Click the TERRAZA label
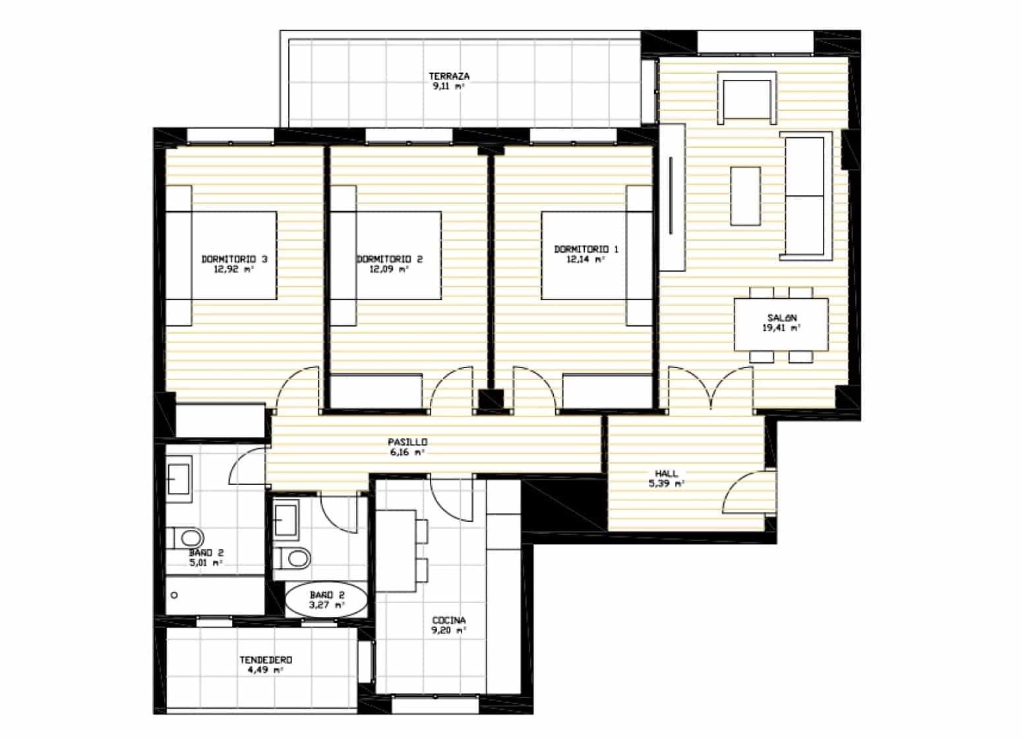click(449, 77)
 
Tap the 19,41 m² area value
click(781, 328)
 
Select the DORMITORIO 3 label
click(235, 259)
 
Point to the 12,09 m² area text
click(389, 269)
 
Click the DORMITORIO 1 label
click(586, 249)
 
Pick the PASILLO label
click(407, 442)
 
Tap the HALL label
click(666, 474)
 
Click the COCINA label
click(449, 620)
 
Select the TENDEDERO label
click(266, 660)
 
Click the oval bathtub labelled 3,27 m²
click(326, 600)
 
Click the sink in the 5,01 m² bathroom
click(179, 479)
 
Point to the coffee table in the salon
click(745, 197)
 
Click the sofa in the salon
click(806, 197)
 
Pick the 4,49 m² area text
click(265, 670)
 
